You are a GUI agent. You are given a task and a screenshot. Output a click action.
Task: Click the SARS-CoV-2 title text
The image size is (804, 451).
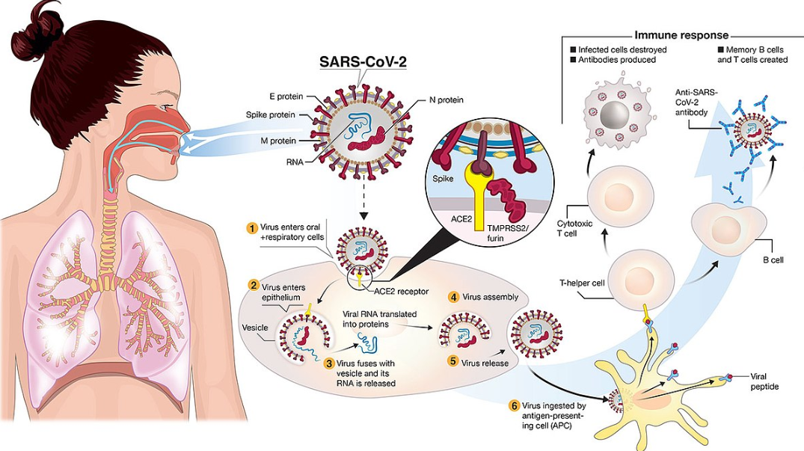363,61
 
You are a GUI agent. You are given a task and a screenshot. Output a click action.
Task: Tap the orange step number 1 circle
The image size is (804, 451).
252,227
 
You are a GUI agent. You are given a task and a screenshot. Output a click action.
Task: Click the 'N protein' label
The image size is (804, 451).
445,100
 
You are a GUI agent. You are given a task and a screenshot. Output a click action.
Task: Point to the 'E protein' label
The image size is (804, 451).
286,96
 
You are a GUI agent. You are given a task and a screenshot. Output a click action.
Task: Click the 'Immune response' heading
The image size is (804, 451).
681,35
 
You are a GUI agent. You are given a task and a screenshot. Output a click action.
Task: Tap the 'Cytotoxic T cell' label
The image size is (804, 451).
574,229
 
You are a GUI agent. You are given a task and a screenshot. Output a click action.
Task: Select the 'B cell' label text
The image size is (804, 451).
773,260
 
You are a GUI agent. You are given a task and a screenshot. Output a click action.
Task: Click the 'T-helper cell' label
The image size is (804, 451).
582,283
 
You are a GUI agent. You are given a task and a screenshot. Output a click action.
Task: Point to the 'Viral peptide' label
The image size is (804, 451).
764,381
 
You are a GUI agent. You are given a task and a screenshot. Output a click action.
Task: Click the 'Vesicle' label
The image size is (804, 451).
255,326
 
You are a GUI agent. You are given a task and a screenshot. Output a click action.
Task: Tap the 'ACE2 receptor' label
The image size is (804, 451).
401,292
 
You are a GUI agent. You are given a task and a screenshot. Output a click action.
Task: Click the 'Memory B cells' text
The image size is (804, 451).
751,49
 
